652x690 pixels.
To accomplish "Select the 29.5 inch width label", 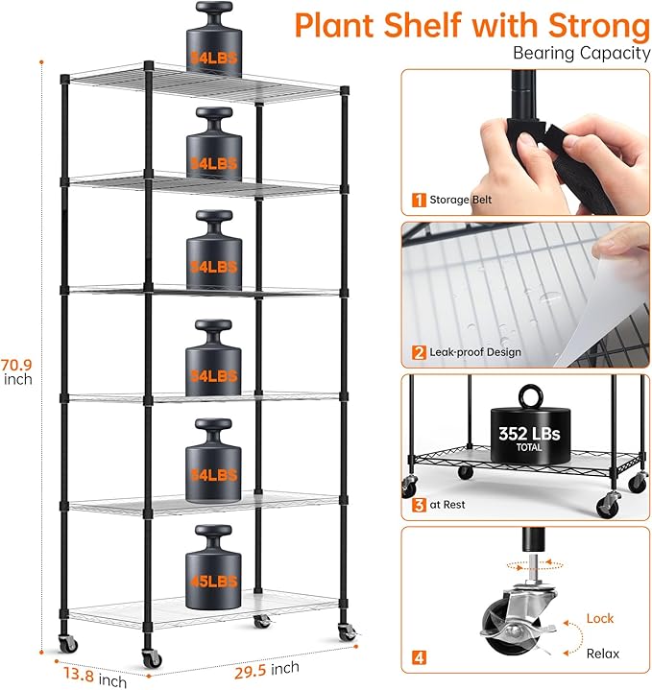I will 266,669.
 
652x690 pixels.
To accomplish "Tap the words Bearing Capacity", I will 581,53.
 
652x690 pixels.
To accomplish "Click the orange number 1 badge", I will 419,200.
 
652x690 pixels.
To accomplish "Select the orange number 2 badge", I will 419,352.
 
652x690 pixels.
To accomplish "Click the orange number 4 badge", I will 419,658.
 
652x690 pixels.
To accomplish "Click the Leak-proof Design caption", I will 476,352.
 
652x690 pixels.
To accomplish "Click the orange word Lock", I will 600,619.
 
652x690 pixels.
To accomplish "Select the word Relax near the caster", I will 603,654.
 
